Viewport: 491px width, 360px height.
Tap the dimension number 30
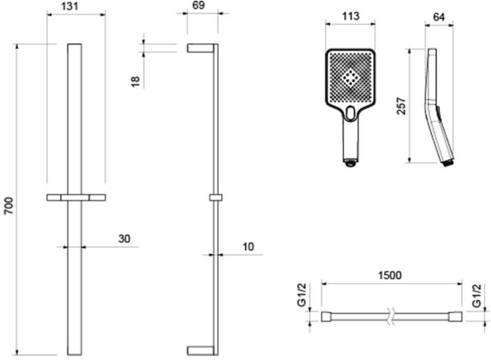click(x=125, y=238)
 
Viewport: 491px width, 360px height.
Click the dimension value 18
click(x=136, y=80)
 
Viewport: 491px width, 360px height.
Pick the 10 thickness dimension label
click(x=248, y=246)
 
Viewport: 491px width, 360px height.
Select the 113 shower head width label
click(x=350, y=17)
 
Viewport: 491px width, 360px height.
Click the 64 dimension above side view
click(x=439, y=17)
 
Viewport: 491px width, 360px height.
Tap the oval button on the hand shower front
click(x=350, y=113)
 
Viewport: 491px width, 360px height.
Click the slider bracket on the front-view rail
click(x=76, y=198)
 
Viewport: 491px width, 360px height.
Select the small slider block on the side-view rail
click(x=214, y=198)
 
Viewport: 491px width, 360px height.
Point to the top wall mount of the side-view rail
click(x=200, y=48)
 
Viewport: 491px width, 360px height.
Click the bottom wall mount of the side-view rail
click(x=200, y=350)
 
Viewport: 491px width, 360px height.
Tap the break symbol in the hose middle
click(x=391, y=317)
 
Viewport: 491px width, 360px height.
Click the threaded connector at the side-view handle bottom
click(x=449, y=163)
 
